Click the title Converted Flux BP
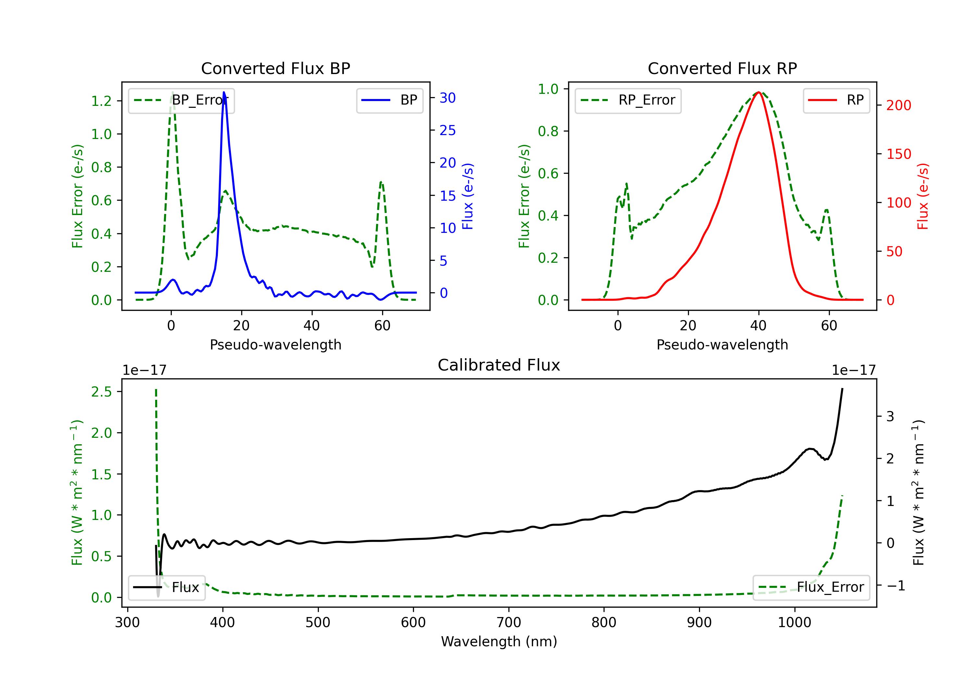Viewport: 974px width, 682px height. point(275,68)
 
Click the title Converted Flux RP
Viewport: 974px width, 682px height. point(722,68)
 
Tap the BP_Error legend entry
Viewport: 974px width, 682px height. point(181,101)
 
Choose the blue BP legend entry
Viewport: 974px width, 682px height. point(389,101)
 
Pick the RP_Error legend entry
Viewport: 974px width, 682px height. point(628,101)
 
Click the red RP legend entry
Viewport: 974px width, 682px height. point(836,101)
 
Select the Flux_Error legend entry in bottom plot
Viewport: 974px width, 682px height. point(811,587)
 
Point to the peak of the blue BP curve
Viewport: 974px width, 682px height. point(224,92)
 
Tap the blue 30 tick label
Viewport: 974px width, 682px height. point(447,98)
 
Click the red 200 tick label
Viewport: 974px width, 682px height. point(898,105)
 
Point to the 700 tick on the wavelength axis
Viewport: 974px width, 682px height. point(509,623)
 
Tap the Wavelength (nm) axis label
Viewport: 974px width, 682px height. point(499,641)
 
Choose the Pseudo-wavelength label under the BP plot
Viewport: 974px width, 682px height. point(275,345)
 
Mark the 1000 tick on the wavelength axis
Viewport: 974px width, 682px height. point(794,623)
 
